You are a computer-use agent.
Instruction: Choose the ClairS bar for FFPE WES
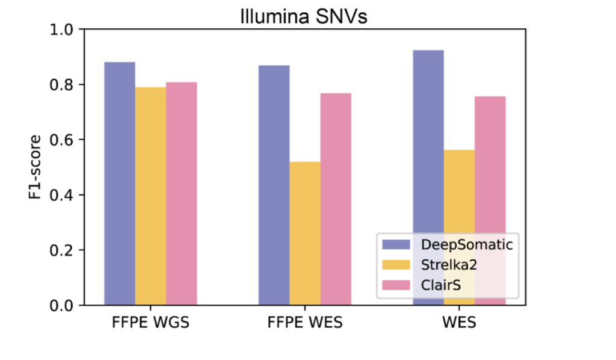pos(336,199)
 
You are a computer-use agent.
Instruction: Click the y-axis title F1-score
pos(37,167)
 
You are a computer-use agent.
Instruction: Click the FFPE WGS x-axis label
pos(150,322)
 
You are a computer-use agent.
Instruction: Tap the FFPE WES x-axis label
pos(305,322)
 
